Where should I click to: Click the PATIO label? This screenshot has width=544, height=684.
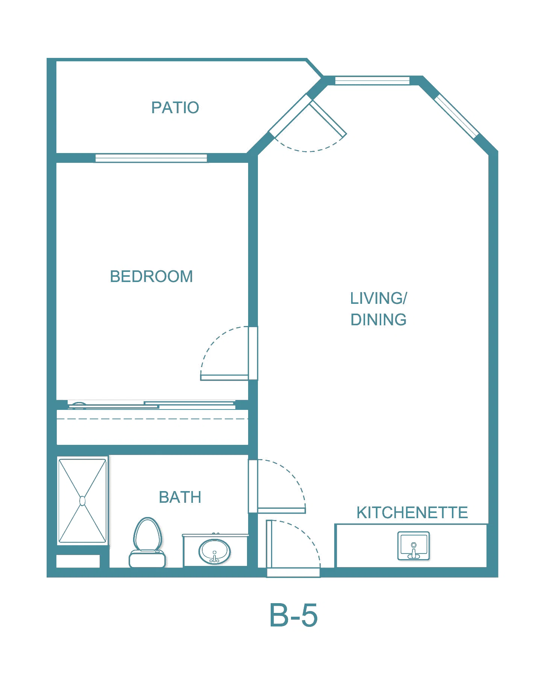[x=175, y=108]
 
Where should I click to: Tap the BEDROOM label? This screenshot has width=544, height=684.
[x=152, y=276]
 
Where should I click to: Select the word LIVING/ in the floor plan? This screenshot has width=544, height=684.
[x=379, y=298]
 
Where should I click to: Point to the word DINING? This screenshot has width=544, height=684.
[x=379, y=320]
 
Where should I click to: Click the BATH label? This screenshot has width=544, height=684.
[x=180, y=497]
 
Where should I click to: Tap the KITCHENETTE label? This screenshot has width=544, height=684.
[x=412, y=513]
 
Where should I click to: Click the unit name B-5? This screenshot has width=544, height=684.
[x=294, y=615]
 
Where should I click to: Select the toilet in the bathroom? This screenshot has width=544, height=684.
[x=147, y=542]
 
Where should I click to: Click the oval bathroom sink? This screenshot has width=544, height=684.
[x=215, y=552]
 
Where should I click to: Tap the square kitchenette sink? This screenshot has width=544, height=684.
[x=414, y=546]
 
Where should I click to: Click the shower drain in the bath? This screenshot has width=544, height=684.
[x=83, y=501]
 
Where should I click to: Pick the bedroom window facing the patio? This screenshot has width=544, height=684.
[x=151, y=158]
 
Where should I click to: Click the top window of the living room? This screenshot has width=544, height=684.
[x=372, y=80]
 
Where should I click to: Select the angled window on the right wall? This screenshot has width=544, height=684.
[x=456, y=116]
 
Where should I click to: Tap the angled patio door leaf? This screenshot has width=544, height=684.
[x=327, y=118]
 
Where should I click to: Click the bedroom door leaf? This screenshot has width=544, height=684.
[x=224, y=377]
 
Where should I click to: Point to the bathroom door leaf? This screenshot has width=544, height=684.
[x=281, y=510]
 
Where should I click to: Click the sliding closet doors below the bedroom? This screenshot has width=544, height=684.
[x=152, y=405]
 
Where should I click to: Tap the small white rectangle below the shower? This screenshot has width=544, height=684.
[x=78, y=561]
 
